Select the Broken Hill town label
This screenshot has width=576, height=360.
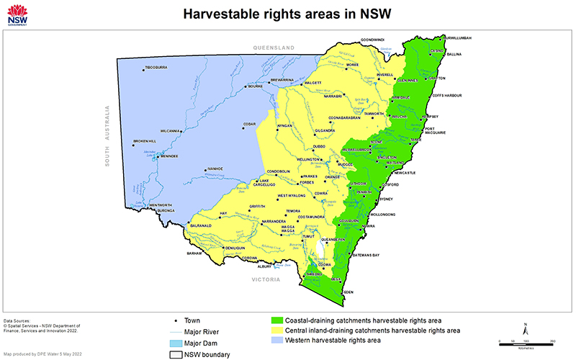pyautogui.click(x=144, y=141)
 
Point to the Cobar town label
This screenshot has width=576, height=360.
pyautogui.click(x=249, y=124)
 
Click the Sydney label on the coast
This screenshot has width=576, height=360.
pyautogui.click(x=385, y=199)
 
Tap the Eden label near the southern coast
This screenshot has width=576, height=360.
pyautogui.click(x=349, y=292)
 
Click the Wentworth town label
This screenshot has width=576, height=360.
pyautogui.click(x=162, y=205)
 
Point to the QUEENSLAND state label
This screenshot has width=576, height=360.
pyautogui.click(x=274, y=48)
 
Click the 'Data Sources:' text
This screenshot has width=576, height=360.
pyautogui.click(x=18, y=320)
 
